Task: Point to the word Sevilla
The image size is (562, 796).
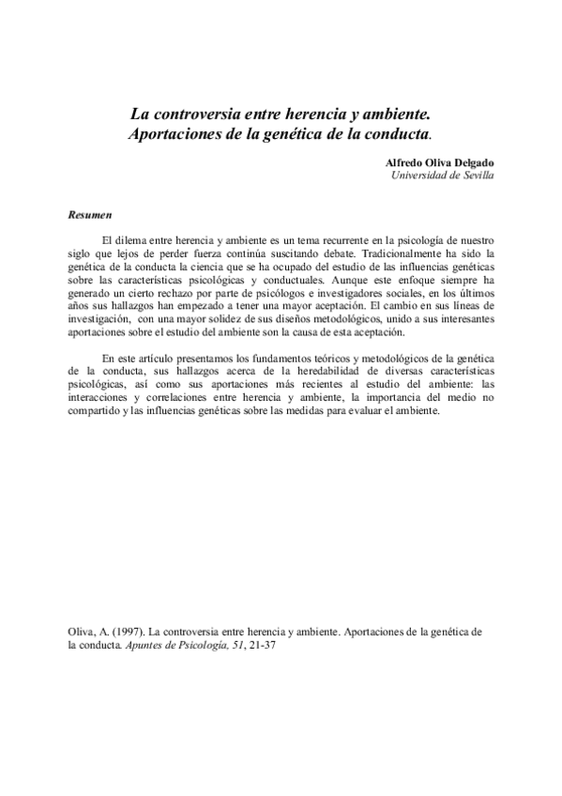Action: tap(473, 175)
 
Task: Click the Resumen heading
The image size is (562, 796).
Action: tap(90, 216)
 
